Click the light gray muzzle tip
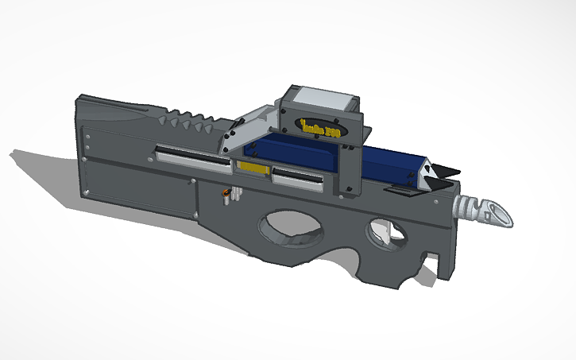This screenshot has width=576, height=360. point(485,209)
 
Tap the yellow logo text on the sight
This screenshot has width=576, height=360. point(319,128)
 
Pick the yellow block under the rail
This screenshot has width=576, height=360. point(253,168)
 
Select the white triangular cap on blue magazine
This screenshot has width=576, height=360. point(426,172)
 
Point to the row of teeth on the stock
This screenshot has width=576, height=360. point(187,123)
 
